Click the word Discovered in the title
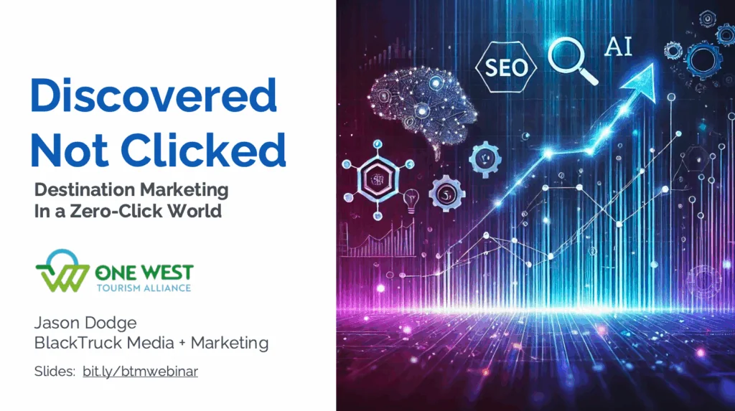click(x=154, y=95)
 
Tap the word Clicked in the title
click(x=203, y=149)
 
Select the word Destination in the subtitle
click(x=85, y=190)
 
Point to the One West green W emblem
click(x=62, y=271)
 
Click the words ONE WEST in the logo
click(x=144, y=273)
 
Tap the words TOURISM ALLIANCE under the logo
click(x=144, y=288)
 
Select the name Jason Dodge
click(x=85, y=323)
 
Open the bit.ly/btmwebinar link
click(x=140, y=371)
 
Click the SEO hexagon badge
click(x=507, y=67)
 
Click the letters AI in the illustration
click(x=618, y=47)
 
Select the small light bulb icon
click(x=411, y=199)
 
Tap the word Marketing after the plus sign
click(x=229, y=343)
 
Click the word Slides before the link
click(x=55, y=371)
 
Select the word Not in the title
click(x=70, y=149)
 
